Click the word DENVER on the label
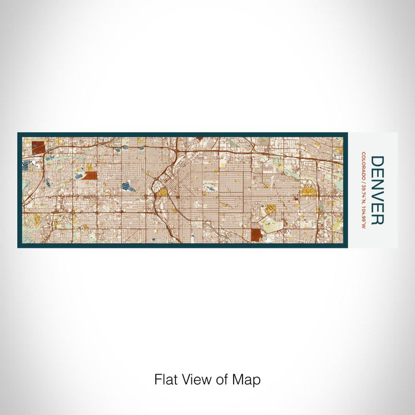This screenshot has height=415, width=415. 376,190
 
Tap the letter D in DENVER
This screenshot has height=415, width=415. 376,161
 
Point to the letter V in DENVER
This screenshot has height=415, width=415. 376,196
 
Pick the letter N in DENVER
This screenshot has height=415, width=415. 376,184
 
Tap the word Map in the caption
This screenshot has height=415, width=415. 249,379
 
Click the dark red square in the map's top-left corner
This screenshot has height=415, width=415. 39,147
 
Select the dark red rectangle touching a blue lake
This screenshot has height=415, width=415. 90,175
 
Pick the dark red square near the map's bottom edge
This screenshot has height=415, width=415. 256,235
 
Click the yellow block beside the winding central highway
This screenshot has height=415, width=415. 162,192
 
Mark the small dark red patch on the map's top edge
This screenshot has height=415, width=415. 199,139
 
